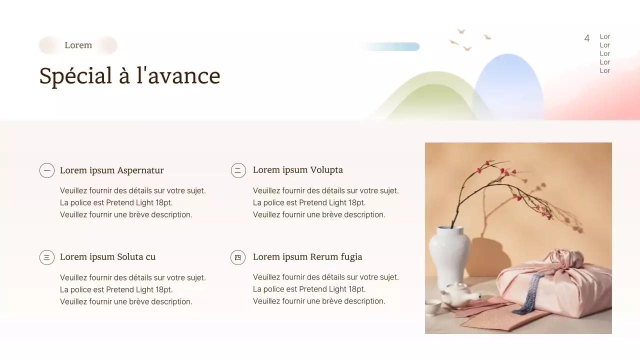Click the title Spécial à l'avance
tap(129, 76)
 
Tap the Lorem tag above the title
tap(78, 45)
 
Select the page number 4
tap(586, 38)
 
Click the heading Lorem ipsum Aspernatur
tap(111, 170)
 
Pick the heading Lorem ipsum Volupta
tap(297, 170)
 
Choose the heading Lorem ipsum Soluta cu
tap(107, 257)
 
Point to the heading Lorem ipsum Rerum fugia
tap(307, 257)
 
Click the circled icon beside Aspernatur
tap(47, 170)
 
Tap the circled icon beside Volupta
tap(238, 170)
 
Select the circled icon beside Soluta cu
tap(47, 257)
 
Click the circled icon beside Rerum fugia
tap(238, 257)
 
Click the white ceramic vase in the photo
tap(449, 255)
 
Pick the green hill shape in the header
tap(430, 100)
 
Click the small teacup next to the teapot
tap(432, 306)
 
